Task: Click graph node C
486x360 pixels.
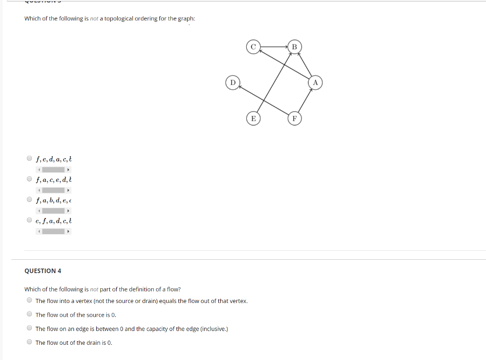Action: pyautogui.click(x=253, y=47)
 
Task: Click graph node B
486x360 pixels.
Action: pyautogui.click(x=294, y=47)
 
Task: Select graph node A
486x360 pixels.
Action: pyautogui.click(x=315, y=83)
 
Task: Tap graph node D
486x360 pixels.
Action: pyautogui.click(x=232, y=83)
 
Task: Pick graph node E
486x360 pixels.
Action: pyautogui.click(x=253, y=118)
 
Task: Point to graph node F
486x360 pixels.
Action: pyautogui.click(x=294, y=118)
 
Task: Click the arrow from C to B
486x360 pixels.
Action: pyautogui.click(x=274, y=47)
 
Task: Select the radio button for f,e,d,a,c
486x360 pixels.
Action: pyautogui.click(x=29, y=159)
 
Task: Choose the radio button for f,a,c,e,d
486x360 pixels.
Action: pyautogui.click(x=29, y=179)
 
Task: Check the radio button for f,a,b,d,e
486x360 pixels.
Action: pyautogui.click(x=29, y=200)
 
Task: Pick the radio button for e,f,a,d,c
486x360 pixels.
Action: pyautogui.click(x=29, y=220)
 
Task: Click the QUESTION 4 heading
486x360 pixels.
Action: pyautogui.click(x=43, y=271)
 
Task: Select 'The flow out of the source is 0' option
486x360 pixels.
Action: pyautogui.click(x=29, y=314)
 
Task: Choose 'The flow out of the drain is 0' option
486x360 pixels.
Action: pyautogui.click(x=29, y=342)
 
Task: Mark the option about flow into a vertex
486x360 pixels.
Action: pyautogui.click(x=29, y=300)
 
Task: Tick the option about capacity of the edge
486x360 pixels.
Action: pyautogui.click(x=29, y=328)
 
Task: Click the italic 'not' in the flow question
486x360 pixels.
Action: pyautogui.click(x=94, y=289)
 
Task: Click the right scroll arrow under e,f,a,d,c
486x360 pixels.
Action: pyautogui.click(x=68, y=232)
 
